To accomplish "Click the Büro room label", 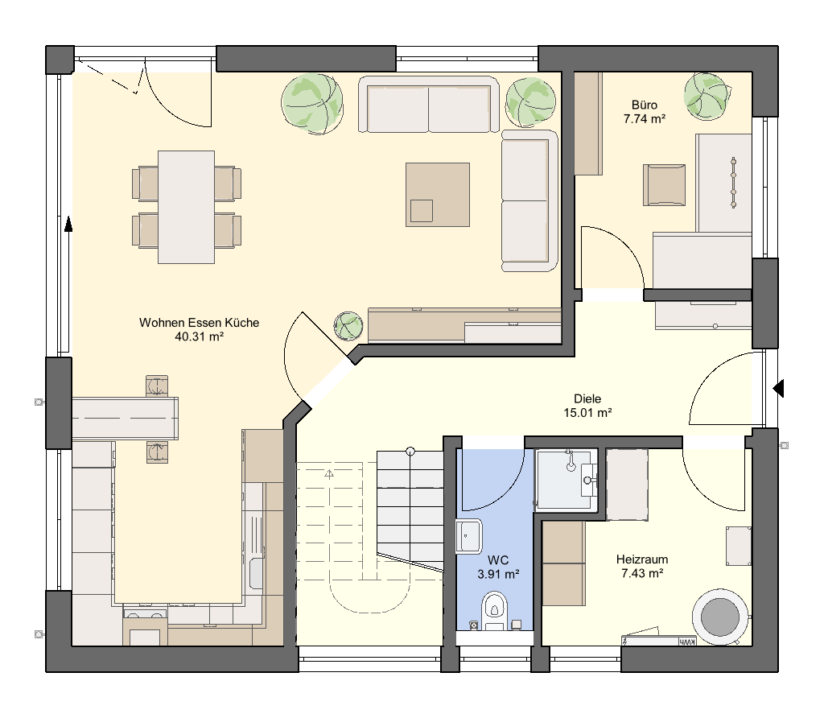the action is tap(645, 105).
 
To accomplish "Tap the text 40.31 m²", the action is tap(200, 336).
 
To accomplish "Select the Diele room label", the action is tap(587, 399).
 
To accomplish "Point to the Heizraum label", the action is tap(642, 559).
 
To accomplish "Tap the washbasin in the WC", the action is tap(469, 537).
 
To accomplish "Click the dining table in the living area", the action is tap(186, 207).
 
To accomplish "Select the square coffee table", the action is tap(437, 195).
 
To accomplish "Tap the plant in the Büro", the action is tap(707, 96).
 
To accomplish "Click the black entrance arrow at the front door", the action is tap(778, 389).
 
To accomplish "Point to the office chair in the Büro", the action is tap(664, 184).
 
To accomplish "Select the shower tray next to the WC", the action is tap(566, 480).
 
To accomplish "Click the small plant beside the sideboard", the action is tap(348, 326).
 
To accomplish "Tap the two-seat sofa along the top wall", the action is tap(428, 104).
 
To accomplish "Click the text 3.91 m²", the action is tap(498, 574).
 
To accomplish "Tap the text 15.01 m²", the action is tap(587, 413).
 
